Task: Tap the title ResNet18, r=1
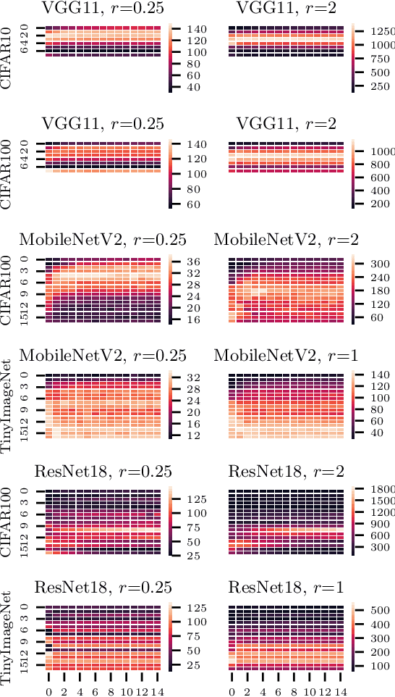click(283, 588)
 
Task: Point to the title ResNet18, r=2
click(283, 472)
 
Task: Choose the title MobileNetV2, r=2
click(283, 239)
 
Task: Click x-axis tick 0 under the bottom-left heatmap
click(48, 691)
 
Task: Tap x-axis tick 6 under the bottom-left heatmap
click(95, 691)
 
